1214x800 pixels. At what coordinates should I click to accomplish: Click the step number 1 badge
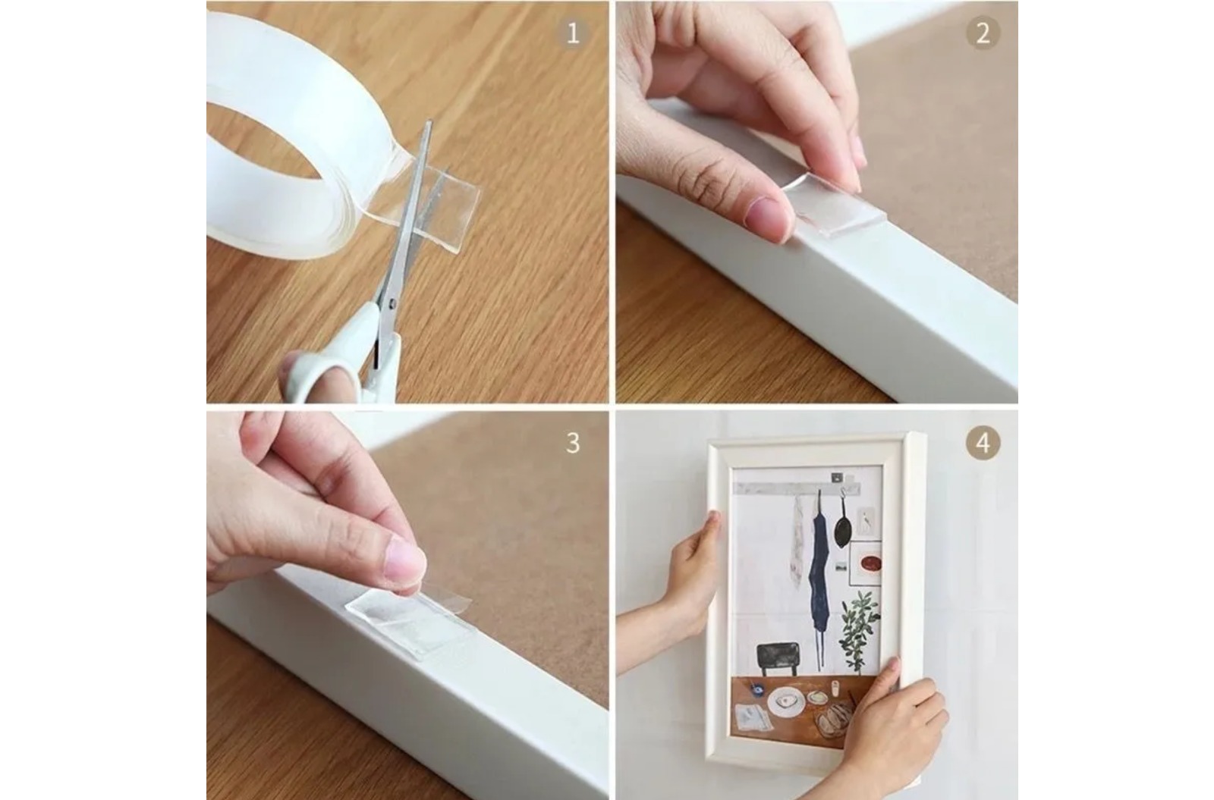pos(573,33)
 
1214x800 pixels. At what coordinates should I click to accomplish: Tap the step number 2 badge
pos(983,33)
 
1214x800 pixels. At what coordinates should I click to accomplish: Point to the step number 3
pos(573,443)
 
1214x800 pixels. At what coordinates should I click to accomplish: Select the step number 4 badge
pos(983,443)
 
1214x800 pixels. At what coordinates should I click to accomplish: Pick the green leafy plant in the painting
pos(858,631)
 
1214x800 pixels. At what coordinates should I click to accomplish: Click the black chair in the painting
pos(778,659)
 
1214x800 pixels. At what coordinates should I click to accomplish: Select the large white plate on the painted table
pos(786,703)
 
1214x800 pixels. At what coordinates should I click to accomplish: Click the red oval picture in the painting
pos(870,564)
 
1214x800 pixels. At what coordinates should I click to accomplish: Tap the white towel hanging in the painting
pos(797,541)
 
